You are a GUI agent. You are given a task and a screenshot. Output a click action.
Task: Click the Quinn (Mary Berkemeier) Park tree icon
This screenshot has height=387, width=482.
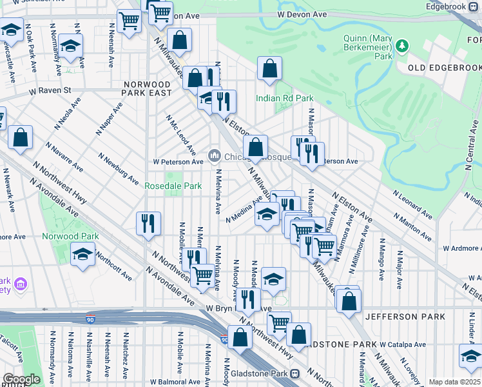402,46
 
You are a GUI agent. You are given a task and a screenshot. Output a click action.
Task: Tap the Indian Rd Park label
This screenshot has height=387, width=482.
284,99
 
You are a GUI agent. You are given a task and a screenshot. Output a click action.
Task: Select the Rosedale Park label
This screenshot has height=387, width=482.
173,186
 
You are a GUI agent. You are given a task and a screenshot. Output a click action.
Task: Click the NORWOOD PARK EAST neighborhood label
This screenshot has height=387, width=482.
148,89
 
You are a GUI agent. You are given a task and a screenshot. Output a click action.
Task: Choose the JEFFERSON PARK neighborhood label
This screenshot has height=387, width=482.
405,317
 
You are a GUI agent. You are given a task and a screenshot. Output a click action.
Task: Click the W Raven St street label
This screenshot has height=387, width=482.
49,91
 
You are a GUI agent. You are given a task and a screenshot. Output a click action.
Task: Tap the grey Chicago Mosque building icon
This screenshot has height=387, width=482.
214,155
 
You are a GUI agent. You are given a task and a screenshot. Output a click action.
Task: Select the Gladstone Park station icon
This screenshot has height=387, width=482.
294,373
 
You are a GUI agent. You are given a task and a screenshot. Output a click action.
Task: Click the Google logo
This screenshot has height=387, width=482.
21,379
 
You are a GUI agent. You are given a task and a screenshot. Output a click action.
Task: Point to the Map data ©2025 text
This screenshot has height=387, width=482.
454,382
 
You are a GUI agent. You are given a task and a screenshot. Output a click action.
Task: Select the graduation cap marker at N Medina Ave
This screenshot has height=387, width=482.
265,214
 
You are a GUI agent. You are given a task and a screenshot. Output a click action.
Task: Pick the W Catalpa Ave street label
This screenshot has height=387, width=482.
403,344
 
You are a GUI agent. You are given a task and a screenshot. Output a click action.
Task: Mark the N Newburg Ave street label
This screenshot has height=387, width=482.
119,169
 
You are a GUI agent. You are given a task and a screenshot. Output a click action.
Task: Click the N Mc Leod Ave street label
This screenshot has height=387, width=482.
181,135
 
